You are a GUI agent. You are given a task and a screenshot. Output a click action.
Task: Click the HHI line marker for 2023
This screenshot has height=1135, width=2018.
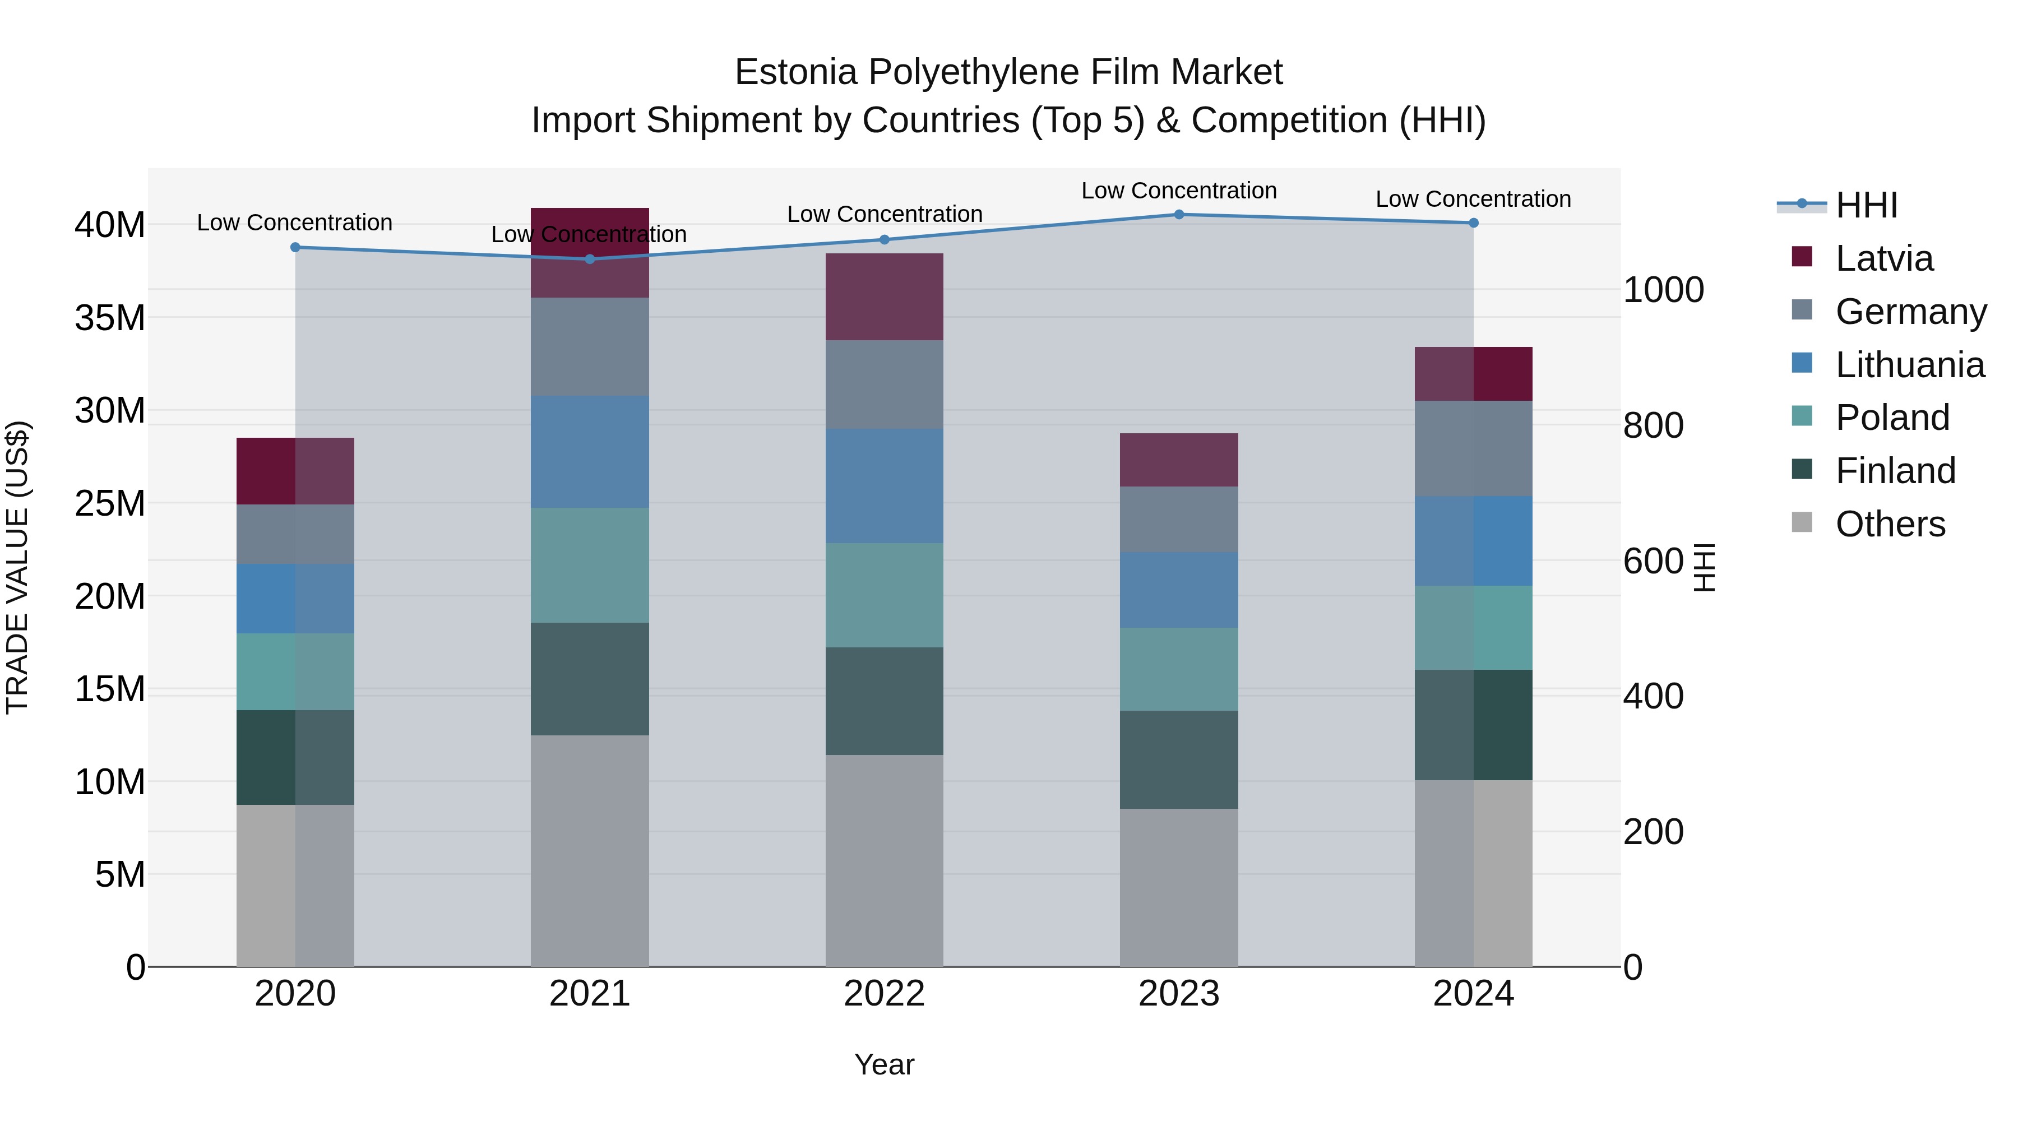[x=1178, y=215]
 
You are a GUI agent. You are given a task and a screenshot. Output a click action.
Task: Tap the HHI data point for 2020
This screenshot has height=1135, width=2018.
[x=295, y=248]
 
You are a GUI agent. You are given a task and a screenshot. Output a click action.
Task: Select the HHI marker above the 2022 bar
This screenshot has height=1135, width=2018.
[x=885, y=240]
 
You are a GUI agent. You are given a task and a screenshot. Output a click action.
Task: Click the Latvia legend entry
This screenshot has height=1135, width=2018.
[x=1883, y=258]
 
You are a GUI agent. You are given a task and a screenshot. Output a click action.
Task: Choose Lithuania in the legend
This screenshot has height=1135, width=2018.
[x=1909, y=365]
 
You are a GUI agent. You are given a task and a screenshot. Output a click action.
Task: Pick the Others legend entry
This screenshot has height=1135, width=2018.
[x=1890, y=524]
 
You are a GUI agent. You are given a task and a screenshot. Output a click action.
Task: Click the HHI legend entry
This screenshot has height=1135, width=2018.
[x=1866, y=205]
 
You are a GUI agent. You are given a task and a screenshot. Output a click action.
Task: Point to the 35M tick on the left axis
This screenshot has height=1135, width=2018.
[x=110, y=318]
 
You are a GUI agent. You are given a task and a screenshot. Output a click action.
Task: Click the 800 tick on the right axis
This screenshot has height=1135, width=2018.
[x=1653, y=425]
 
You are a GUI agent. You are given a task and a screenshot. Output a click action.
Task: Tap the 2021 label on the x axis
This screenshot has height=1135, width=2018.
[x=589, y=994]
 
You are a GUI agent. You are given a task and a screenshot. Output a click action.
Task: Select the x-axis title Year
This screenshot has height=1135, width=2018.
[x=885, y=1064]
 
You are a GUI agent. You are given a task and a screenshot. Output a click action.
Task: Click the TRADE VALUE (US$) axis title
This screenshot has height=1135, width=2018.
[x=18, y=567]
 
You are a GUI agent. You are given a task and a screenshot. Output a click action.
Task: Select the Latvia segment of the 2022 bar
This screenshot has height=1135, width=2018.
[x=885, y=297]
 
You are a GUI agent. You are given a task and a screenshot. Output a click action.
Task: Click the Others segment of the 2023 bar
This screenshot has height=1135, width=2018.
[x=1178, y=887]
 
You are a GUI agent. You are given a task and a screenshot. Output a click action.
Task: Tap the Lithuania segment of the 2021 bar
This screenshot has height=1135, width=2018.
[x=589, y=452]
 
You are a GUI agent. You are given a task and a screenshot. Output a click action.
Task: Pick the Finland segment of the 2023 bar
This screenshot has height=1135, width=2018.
[x=1178, y=760]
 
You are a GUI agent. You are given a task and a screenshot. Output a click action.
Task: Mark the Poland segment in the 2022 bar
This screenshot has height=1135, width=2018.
[x=885, y=595]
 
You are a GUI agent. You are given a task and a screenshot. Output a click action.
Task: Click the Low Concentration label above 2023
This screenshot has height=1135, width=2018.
[x=1178, y=191]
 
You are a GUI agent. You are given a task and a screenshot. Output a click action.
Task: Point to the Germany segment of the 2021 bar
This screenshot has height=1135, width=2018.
[x=589, y=347]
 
